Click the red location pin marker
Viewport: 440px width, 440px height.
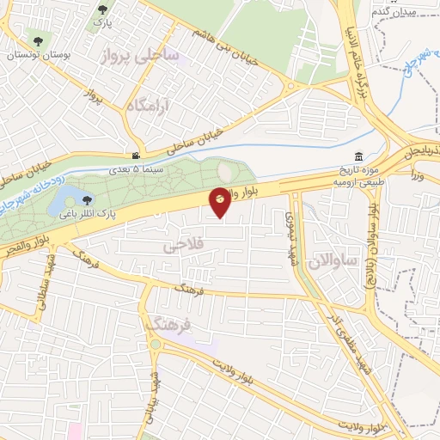[220, 201]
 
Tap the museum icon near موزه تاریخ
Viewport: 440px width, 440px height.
[358, 156]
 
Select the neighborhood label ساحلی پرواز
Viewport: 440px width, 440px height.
[139, 56]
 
